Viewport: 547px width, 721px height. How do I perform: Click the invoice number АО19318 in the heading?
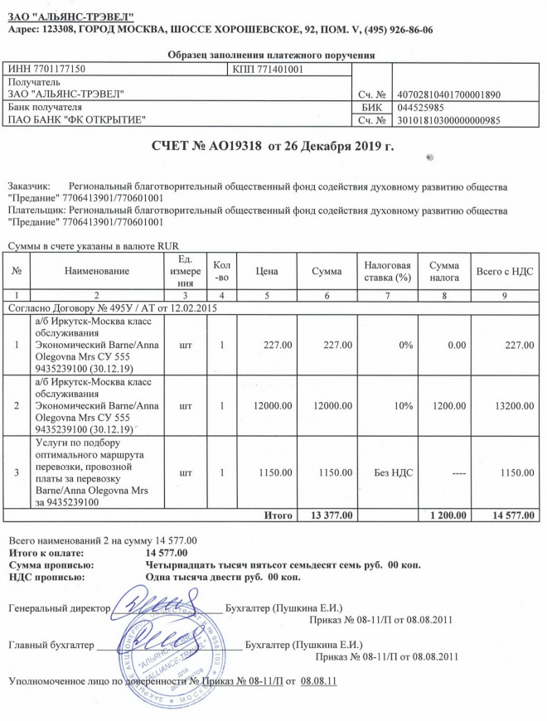tap(233, 147)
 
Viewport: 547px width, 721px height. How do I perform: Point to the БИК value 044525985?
tap(420, 108)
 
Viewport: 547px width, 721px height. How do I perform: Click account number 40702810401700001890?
tap(449, 94)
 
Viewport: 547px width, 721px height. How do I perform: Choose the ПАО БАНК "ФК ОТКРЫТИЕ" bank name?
tap(75, 121)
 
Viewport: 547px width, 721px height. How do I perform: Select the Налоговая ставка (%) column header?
tap(388, 271)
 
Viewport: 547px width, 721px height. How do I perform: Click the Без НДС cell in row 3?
tap(394, 472)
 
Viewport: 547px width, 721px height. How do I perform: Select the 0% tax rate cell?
tap(404, 345)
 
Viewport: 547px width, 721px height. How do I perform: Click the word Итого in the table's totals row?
tap(278, 515)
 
